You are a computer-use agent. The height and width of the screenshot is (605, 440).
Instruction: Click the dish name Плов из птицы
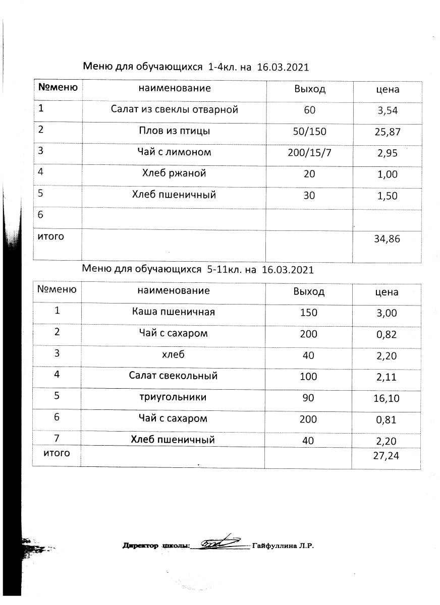tap(174, 132)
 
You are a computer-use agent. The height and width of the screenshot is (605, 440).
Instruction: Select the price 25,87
tap(388, 133)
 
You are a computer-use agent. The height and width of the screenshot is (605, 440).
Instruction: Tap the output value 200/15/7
tap(309, 152)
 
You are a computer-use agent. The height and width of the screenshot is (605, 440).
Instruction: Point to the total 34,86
tap(387, 239)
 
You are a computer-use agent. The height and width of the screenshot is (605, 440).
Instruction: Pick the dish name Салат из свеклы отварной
tap(174, 109)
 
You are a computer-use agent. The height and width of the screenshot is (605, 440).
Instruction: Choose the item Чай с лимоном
tap(174, 152)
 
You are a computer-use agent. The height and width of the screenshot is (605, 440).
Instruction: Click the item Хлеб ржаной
tap(174, 174)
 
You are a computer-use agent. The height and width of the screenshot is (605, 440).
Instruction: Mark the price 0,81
tap(388, 419)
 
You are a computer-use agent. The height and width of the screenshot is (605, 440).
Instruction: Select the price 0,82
tap(388, 334)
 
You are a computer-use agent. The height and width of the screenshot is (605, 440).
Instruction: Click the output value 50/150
tap(310, 132)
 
